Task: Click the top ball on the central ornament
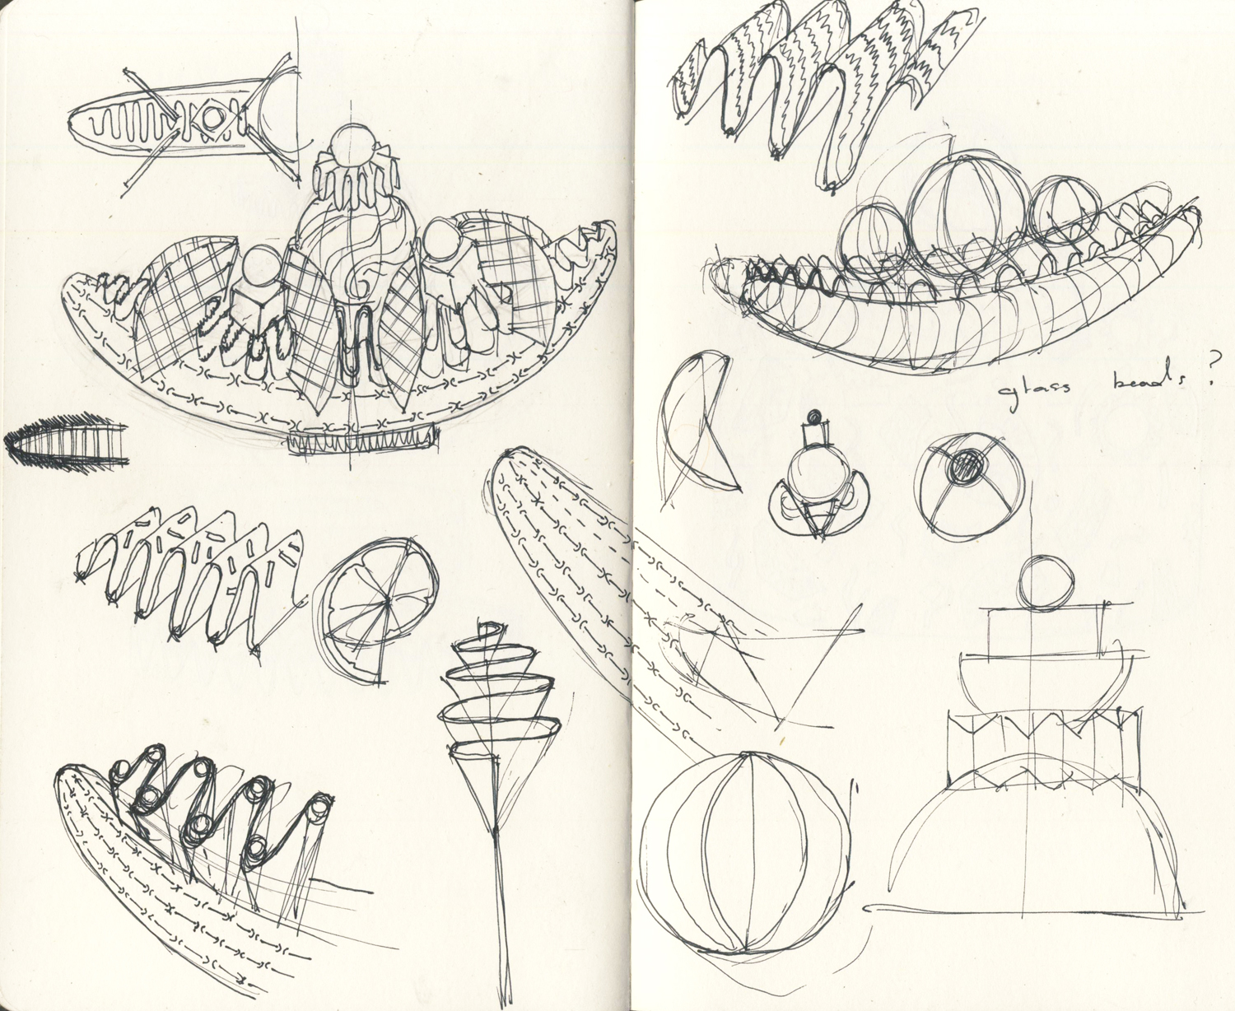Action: pos(349,147)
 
